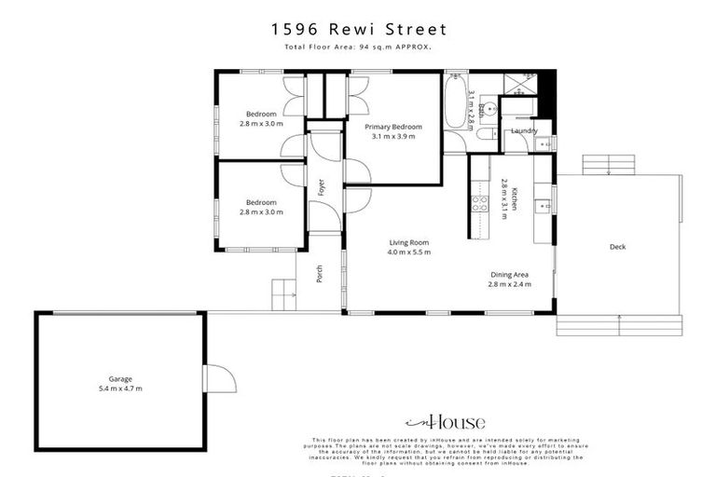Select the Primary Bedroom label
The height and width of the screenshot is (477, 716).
tap(393, 127)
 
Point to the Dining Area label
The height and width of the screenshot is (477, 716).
tap(510, 274)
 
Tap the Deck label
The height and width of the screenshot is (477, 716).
tap(617, 247)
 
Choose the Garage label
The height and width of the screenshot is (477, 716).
tap(119, 379)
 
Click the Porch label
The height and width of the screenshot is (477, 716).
tap(320, 272)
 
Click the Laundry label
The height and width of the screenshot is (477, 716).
tap(523, 130)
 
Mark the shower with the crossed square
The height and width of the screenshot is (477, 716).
tap(521, 83)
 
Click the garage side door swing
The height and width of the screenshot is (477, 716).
tap(217, 378)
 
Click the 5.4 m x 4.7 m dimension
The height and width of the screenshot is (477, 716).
tap(119, 388)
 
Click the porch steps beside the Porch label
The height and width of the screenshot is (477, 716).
tap(283, 294)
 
